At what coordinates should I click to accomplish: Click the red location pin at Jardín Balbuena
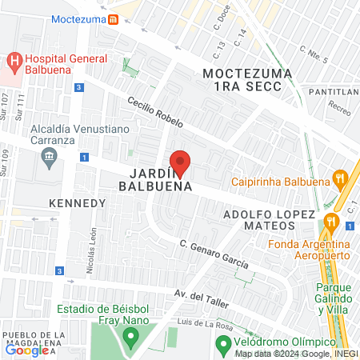[181, 163]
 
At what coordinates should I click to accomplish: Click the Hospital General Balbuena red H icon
[14, 59]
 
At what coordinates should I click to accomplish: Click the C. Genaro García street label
[214, 254]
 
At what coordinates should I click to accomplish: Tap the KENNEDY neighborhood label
[78, 203]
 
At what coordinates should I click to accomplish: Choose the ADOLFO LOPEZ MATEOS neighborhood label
[268, 222]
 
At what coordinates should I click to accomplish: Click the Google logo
[26, 350]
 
